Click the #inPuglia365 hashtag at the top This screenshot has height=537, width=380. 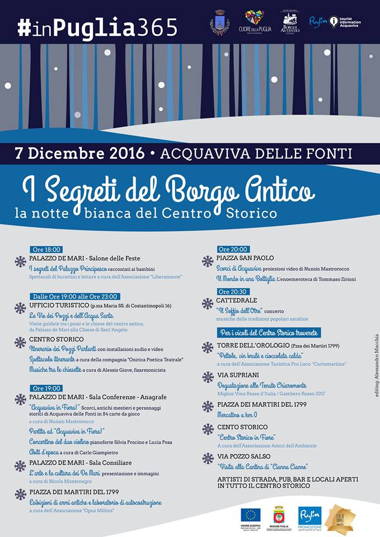coord(97,27)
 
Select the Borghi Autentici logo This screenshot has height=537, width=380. coord(290,22)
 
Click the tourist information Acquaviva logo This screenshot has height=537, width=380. coord(345,22)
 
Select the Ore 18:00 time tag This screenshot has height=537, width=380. coord(46,249)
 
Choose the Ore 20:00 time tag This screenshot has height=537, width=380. coord(233,249)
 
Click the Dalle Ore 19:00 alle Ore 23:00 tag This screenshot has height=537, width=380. coord(75,296)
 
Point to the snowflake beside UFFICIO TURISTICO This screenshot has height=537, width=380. coord(21,308)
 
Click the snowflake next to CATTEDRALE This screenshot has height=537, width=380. coord(208,303)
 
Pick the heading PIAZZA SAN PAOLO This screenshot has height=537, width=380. coord(245,258)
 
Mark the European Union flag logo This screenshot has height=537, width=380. coord(250,515)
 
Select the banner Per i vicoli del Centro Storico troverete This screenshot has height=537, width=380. coord(269,332)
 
